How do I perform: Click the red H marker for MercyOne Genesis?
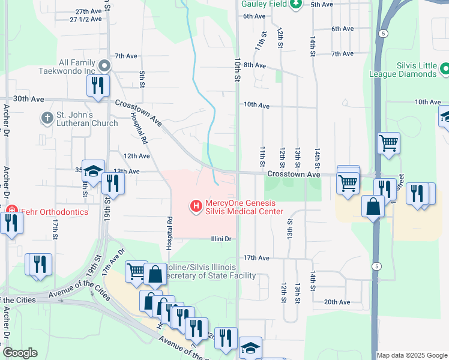(x=195, y=206)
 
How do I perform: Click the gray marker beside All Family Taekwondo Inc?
(x=104, y=65)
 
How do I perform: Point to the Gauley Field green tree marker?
(x=295, y=5)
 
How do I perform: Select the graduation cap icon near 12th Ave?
(x=93, y=171)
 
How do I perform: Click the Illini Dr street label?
(x=221, y=239)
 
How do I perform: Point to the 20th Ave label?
(x=337, y=302)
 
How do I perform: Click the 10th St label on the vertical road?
(x=238, y=70)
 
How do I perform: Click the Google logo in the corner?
(x=20, y=353)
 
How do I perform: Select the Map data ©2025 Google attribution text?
(x=412, y=355)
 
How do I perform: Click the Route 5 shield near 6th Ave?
(x=382, y=34)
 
